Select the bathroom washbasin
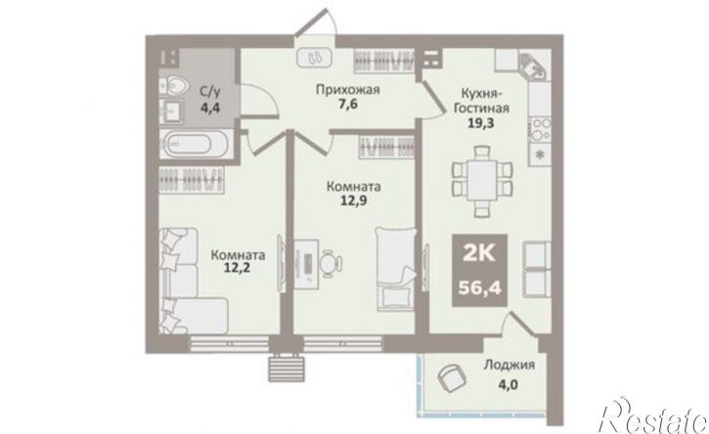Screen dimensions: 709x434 tap(171, 110)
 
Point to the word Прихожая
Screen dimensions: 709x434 tap(347, 90)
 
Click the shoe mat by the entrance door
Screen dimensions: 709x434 tap(315, 58)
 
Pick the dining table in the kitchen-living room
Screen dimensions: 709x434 tap(482, 181)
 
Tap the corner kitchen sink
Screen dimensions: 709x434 tap(534, 67)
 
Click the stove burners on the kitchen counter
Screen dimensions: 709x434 tap(540, 129)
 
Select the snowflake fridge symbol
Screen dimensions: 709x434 tap(540, 153)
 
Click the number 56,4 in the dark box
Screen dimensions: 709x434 tap(480, 287)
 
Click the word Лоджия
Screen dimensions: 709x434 tap(510, 365)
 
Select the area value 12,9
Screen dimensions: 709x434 tap(353, 200)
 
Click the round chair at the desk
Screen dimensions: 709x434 tap(332, 262)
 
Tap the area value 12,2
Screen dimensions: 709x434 tap(238, 269)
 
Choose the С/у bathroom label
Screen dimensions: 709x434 tap(210, 93)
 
